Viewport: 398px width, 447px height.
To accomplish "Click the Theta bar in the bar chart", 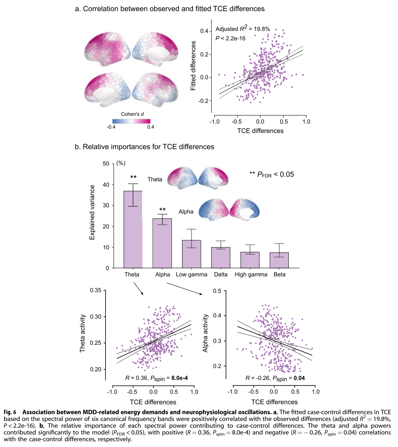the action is pyautogui.click(x=133, y=229).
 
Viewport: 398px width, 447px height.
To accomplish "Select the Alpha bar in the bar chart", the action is pyautogui.click(x=162, y=243).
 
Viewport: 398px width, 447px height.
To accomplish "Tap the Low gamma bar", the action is pyautogui.click(x=192, y=254).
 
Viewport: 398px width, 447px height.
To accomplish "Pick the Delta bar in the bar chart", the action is pyautogui.click(x=221, y=258).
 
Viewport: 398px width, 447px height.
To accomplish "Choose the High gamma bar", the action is pyautogui.click(x=250, y=260).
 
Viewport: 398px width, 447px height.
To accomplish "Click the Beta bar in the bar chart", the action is pyautogui.click(x=279, y=260).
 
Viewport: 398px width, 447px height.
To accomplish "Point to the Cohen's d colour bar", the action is pyautogui.click(x=131, y=121).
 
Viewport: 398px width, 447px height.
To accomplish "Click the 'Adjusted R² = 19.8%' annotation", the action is pyautogui.click(x=242, y=29).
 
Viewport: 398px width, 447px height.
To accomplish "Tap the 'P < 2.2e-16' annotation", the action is pyautogui.click(x=231, y=38).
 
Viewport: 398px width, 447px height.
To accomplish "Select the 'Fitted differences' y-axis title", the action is pyautogui.click(x=193, y=66).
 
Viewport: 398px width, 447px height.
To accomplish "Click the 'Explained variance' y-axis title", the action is pyautogui.click(x=92, y=212).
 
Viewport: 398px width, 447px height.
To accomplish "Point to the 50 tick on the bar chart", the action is pyautogui.click(x=106, y=164).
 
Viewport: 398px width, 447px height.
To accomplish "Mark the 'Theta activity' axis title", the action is pyautogui.click(x=83, y=333).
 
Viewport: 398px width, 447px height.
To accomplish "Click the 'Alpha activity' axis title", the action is pyautogui.click(x=205, y=333).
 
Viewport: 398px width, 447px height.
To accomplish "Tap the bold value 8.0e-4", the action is pyautogui.click(x=179, y=378).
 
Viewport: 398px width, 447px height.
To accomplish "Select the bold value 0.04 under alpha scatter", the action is pyautogui.click(x=299, y=378).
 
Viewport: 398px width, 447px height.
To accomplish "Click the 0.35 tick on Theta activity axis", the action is pyautogui.click(x=96, y=290).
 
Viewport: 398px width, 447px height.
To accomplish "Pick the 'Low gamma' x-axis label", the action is pyautogui.click(x=192, y=275).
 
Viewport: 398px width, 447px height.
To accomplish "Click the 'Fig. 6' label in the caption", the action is pyautogui.click(x=10, y=412).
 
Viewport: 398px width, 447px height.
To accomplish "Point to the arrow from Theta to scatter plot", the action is pyautogui.click(x=138, y=289).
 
